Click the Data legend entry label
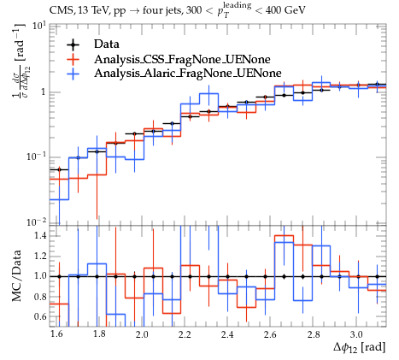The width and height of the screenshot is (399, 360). tap(107, 44)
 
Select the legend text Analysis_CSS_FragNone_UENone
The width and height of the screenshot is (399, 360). tap(182, 59)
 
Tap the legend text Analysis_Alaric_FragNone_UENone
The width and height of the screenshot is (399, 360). tap(188, 74)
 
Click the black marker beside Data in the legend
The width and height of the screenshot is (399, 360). tap(73, 44)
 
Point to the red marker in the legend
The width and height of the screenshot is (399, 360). tap(73, 59)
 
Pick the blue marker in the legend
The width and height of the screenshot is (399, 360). tap(73, 74)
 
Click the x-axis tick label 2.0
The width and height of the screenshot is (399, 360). tap(142, 334)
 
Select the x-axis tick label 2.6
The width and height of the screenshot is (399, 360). tap(270, 334)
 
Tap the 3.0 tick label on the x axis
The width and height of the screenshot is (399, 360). tap(356, 334)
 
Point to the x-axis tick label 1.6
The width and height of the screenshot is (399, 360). tap(56, 334)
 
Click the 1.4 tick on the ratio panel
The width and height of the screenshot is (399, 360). tap(40, 236)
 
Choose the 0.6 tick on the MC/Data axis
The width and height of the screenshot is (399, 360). tap(40, 316)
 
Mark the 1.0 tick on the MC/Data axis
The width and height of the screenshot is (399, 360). tap(40, 276)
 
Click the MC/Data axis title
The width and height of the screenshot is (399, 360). tap(16, 276)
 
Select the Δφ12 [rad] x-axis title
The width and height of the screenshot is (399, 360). tap(360, 348)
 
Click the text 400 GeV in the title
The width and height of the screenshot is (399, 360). tap(285, 10)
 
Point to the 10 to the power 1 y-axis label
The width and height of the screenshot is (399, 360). tap(39, 26)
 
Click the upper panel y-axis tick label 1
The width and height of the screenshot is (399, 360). tap(44, 92)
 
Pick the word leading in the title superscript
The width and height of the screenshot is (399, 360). tap(238, 5)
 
